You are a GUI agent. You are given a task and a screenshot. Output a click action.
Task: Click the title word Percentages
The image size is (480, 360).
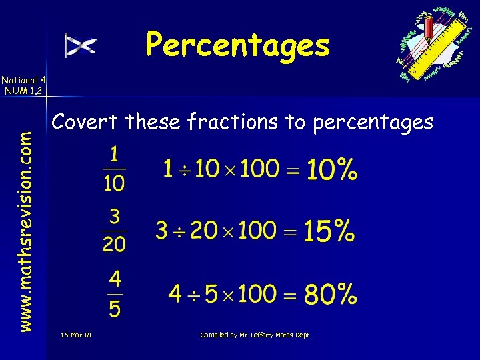[237, 45]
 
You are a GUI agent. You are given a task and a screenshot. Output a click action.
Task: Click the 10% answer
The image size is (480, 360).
[332, 171]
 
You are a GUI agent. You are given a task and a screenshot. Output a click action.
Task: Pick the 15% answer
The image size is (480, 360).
[329, 232]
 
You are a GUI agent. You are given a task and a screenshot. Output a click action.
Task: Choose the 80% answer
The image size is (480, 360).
[331, 294]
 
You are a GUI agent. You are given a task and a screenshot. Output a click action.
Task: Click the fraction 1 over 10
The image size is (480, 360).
[114, 169]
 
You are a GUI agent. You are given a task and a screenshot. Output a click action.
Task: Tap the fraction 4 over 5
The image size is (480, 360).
[115, 293]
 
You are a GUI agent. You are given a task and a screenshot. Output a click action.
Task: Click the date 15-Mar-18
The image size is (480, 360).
[75, 335]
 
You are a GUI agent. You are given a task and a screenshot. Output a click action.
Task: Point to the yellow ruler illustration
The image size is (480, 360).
[443, 47]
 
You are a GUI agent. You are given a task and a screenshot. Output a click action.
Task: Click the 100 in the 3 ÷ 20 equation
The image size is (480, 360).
[257, 231]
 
